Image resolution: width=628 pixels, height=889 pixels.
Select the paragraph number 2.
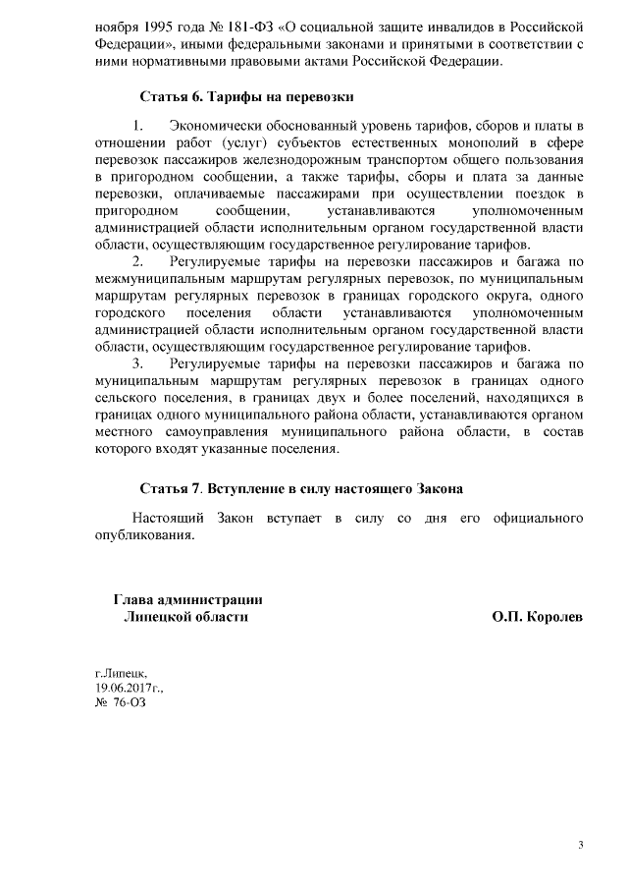click(x=137, y=261)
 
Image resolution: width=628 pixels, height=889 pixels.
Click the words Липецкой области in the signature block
click(x=185, y=618)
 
